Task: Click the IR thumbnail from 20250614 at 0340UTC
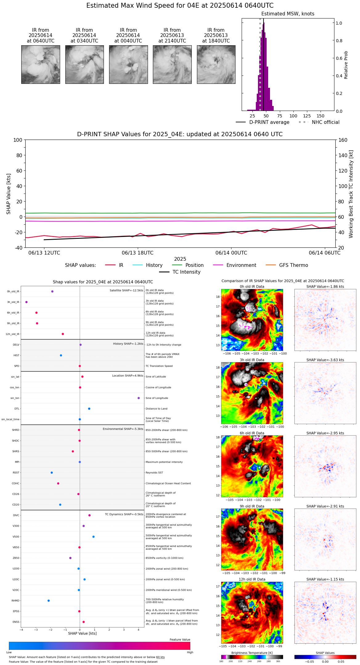[x=84, y=64]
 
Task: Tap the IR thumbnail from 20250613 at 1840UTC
[x=216, y=64]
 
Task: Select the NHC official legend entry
[x=319, y=122]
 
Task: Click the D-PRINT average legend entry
[x=263, y=122]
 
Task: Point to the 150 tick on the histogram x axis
[x=321, y=116]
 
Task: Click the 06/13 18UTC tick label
[x=137, y=253]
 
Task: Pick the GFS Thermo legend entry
[x=287, y=265]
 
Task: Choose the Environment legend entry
[x=235, y=265]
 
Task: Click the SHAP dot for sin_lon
[x=139, y=398]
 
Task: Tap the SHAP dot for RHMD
[x=49, y=601]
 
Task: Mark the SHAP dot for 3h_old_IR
[x=27, y=302]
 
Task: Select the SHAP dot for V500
[x=93, y=537]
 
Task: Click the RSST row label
[x=16, y=473]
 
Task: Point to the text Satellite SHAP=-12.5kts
[x=126, y=291]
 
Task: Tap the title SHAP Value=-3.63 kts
[x=325, y=360]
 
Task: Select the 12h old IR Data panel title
[x=252, y=579]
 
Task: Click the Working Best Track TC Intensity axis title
[x=351, y=194]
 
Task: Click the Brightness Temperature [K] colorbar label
[x=252, y=653]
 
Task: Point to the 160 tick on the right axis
[x=343, y=140]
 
